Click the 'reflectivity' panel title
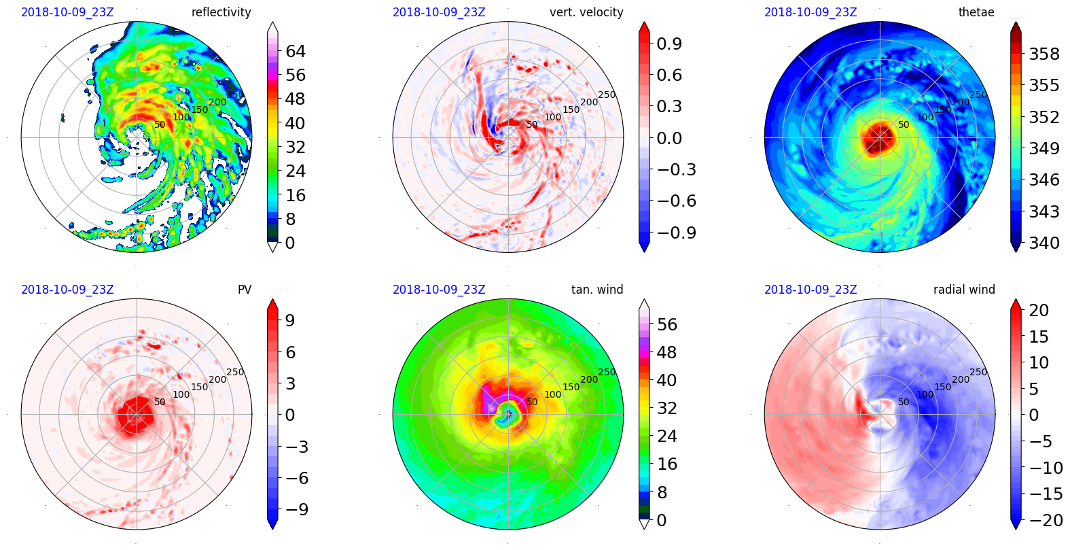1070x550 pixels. click(x=221, y=12)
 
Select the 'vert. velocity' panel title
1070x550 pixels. click(x=586, y=12)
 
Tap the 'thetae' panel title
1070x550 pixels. click(x=976, y=12)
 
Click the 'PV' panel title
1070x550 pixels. click(x=245, y=290)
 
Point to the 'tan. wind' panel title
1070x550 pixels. click(x=597, y=290)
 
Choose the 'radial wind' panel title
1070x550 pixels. click(x=964, y=290)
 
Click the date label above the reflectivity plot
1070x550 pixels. click(x=67, y=12)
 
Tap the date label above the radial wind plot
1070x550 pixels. click(x=810, y=290)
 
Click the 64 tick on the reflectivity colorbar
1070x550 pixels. click(x=296, y=51)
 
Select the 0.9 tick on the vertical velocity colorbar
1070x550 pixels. click(x=669, y=44)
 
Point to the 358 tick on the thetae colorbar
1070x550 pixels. click(x=1044, y=54)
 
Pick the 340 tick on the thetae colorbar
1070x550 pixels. click(x=1044, y=243)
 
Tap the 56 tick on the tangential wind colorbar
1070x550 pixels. click(x=666, y=324)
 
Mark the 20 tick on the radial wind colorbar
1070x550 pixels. click(x=1039, y=310)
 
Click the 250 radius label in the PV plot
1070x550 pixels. click(x=235, y=372)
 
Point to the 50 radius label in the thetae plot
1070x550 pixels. click(x=904, y=124)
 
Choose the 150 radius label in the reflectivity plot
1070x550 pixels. click(x=200, y=109)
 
